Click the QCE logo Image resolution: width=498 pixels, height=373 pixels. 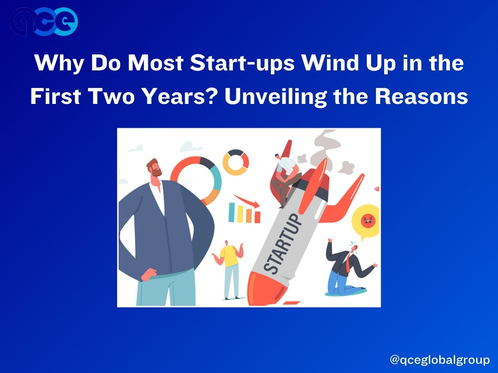click(x=44, y=21)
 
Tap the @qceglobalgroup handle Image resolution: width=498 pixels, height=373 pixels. click(x=440, y=360)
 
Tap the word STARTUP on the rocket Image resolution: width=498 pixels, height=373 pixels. click(x=283, y=243)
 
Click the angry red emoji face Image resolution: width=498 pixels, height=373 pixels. click(x=368, y=221)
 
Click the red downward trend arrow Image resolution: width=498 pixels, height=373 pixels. click(x=247, y=201)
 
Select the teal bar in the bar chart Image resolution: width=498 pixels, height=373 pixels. click(x=232, y=212)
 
